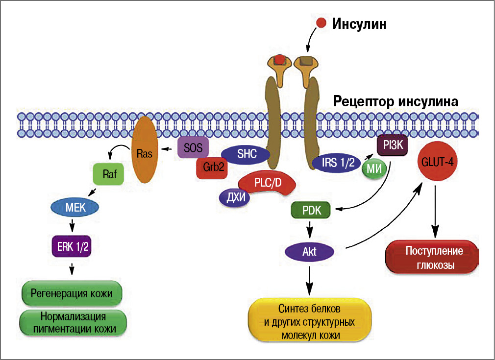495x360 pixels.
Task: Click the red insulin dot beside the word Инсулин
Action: click(x=321, y=23)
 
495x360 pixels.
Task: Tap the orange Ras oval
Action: click(x=144, y=151)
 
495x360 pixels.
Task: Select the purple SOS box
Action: click(x=193, y=146)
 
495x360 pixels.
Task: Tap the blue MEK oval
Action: click(x=75, y=208)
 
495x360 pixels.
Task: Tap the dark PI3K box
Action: click(x=392, y=145)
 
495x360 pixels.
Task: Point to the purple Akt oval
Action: click(x=310, y=252)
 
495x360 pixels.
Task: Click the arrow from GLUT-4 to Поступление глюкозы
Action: click(x=435, y=211)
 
